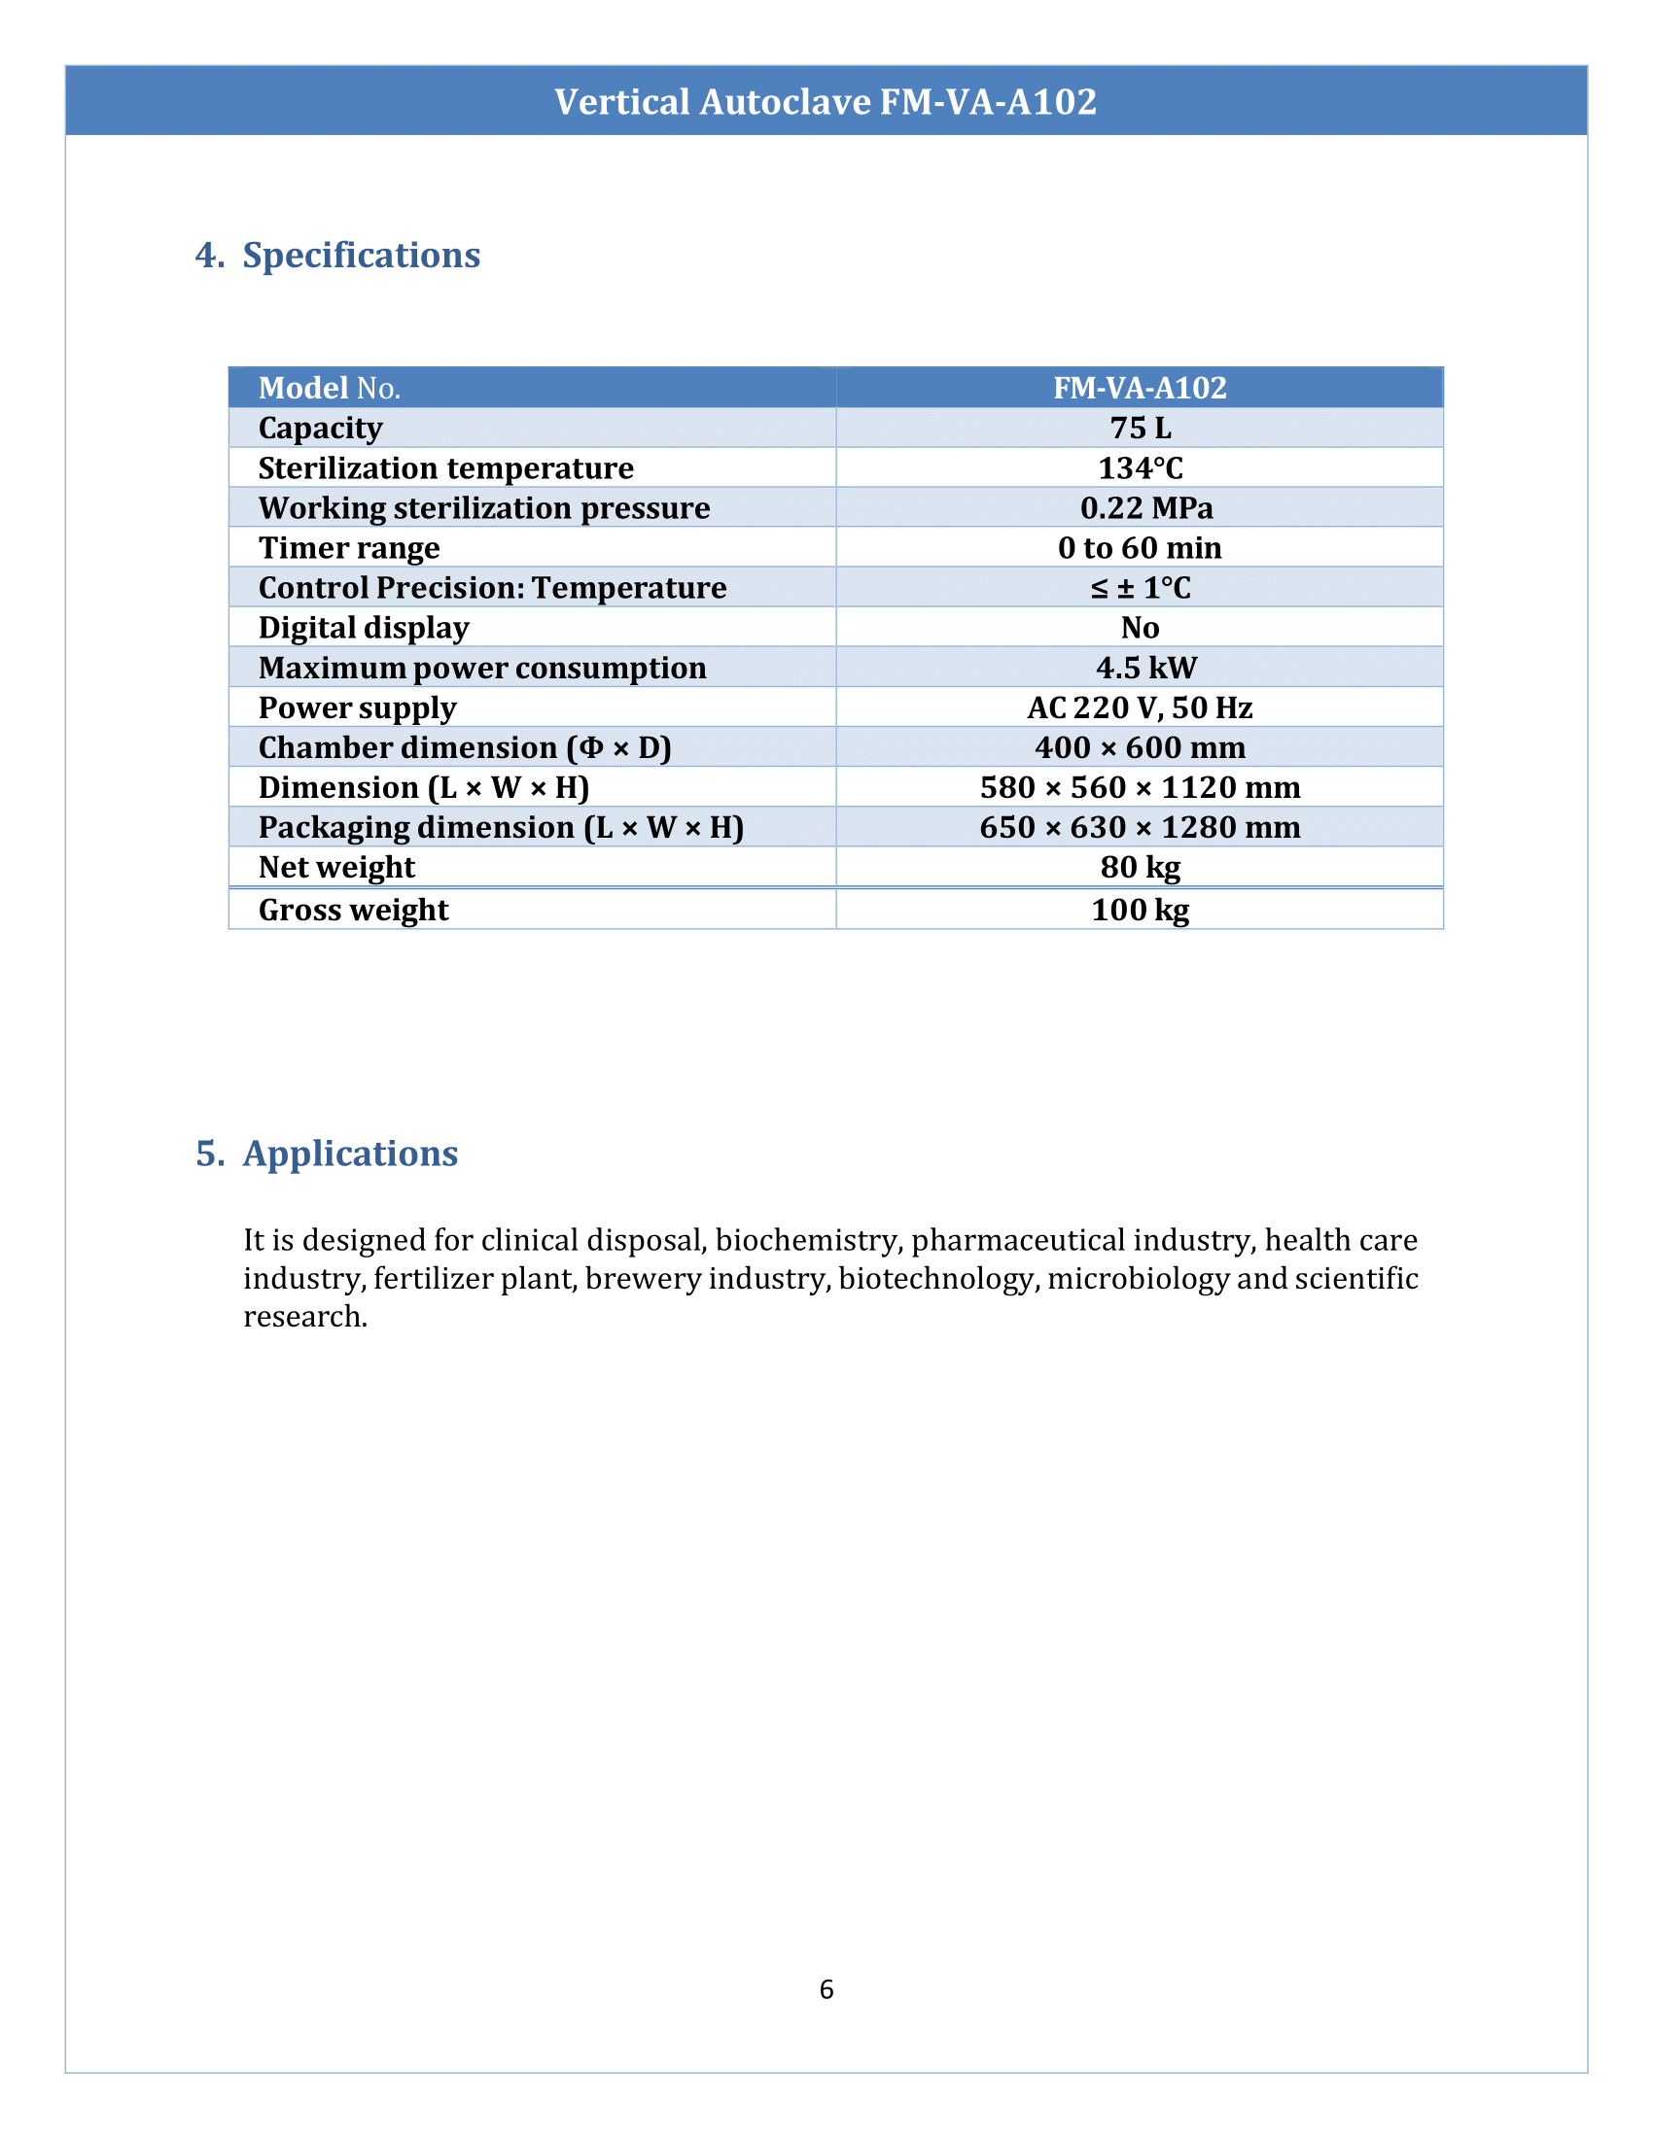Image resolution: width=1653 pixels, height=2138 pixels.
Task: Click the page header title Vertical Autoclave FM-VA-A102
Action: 826,102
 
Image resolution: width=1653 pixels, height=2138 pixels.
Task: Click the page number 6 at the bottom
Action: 826,1989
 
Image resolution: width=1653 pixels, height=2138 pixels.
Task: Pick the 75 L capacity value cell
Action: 1140,428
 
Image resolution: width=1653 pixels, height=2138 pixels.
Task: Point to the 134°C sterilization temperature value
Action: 1140,468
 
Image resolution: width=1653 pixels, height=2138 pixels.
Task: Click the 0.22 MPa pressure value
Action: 1145,508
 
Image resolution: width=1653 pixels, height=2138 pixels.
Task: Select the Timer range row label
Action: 349,548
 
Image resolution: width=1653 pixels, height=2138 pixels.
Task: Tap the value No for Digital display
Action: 1140,628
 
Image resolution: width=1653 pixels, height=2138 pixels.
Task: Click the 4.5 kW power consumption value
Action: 1145,668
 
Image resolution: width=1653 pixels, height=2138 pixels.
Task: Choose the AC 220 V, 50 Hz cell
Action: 1140,707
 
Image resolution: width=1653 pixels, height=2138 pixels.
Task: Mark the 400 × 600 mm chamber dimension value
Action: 1140,748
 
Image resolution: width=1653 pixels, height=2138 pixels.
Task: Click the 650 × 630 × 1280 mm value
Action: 1140,827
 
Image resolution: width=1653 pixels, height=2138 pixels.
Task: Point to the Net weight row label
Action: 335,867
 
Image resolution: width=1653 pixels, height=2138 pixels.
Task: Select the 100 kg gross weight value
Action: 1140,910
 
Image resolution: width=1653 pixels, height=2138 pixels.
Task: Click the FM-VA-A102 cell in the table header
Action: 1140,389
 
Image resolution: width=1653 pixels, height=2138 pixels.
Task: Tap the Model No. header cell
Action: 329,389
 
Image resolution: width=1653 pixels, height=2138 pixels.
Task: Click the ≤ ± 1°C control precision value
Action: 1140,588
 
